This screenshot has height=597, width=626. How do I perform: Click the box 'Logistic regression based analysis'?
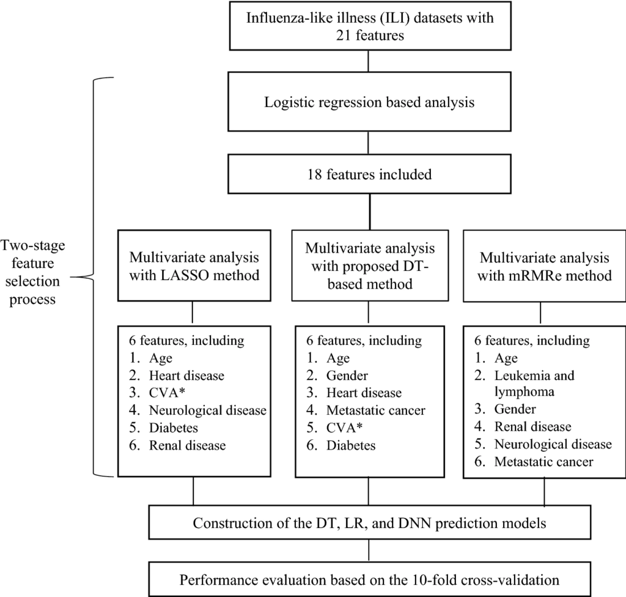[x=369, y=102]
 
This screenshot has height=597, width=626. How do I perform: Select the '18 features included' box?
[x=369, y=174]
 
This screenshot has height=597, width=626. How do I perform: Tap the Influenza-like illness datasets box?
[x=370, y=26]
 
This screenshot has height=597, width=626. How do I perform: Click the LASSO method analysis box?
[x=194, y=265]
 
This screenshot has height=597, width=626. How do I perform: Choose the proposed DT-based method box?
[x=370, y=265]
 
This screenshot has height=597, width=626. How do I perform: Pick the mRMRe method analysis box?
[x=545, y=265]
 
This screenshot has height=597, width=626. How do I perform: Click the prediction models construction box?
[x=370, y=522]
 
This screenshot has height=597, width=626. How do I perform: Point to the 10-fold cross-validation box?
[x=370, y=579]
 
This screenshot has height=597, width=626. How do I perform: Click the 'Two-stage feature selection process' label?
[x=33, y=272]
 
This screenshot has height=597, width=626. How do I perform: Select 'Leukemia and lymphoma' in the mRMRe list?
[x=534, y=383]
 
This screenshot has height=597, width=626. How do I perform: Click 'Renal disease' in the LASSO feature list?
[x=187, y=445]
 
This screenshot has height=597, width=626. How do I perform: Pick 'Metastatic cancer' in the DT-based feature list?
[x=376, y=410]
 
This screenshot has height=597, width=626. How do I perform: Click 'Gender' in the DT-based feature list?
[x=347, y=375]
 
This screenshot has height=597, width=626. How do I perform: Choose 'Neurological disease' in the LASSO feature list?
[x=208, y=410]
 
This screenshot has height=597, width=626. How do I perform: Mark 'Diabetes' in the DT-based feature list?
[x=351, y=445]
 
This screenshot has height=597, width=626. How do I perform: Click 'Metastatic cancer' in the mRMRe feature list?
[x=543, y=462]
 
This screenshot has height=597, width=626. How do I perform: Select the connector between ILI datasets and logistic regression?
[x=368, y=61]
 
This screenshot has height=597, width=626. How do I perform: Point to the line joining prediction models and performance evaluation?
[x=369, y=551]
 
